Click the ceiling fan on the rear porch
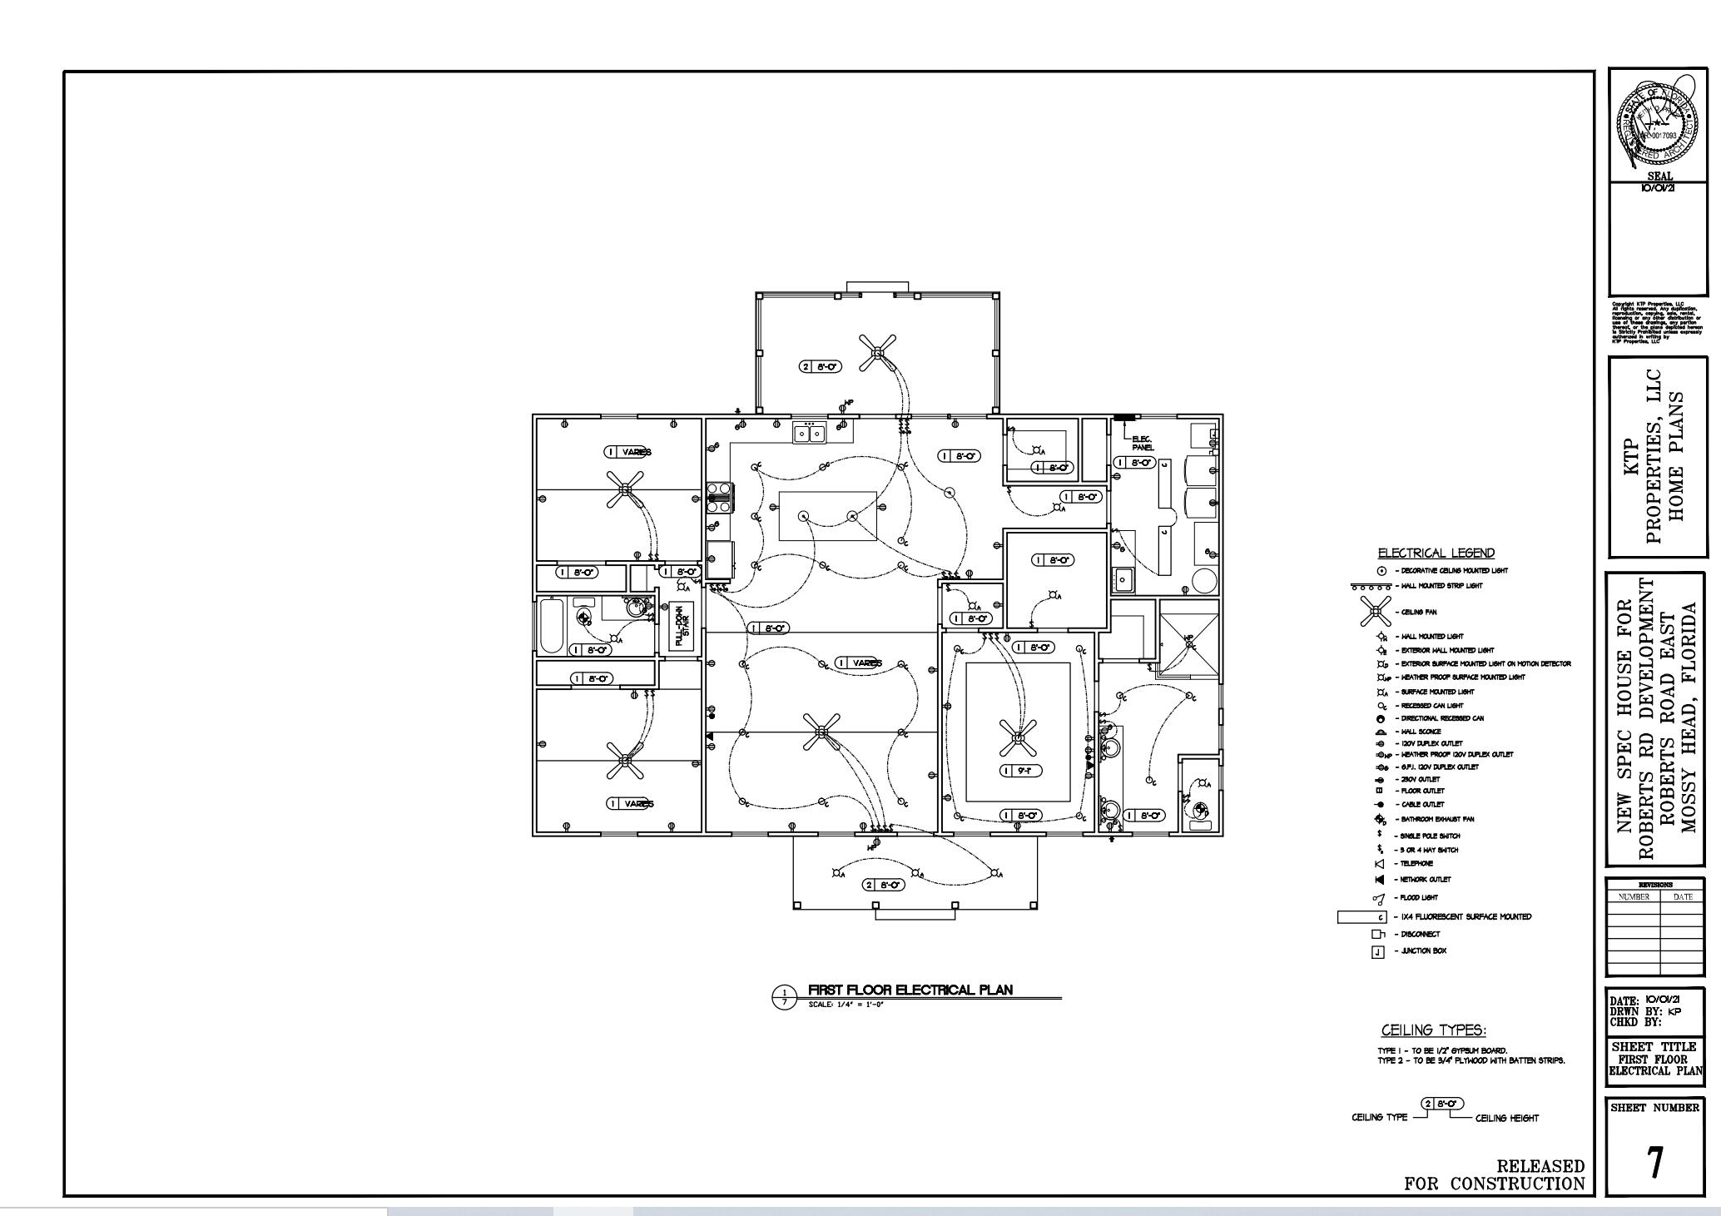877,353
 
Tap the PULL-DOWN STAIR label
682,626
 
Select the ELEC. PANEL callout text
1142,444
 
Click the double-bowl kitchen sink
809,433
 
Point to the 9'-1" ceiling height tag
1021,771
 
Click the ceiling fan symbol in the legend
1376,612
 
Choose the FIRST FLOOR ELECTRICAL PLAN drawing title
910,990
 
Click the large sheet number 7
1654,1163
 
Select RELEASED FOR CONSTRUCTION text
1495,1174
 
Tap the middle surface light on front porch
915,873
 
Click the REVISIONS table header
1654,885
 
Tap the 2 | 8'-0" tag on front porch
883,885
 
